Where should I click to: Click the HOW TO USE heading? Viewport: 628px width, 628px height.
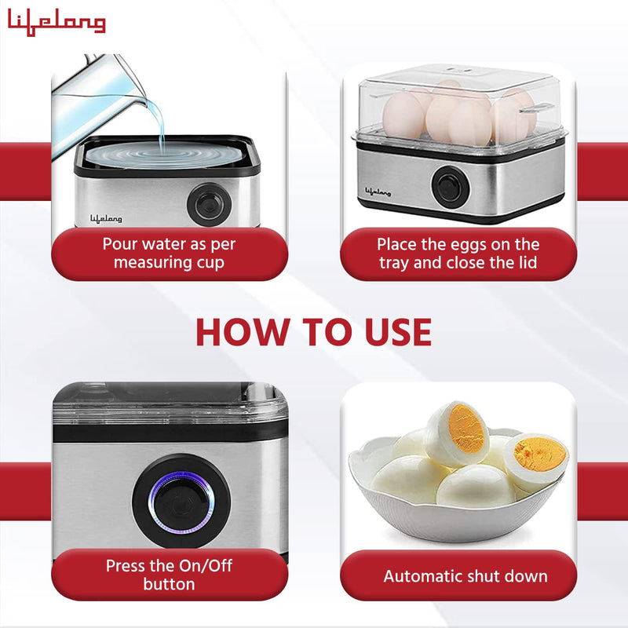coord(313,333)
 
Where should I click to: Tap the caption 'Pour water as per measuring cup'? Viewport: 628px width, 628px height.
coord(169,254)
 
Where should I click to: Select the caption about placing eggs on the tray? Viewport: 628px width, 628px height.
coord(458,254)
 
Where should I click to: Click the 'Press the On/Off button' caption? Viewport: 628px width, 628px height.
coord(169,575)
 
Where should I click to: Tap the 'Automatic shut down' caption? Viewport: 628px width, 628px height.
coord(465,576)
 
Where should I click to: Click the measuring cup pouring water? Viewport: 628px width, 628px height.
coord(102,86)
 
